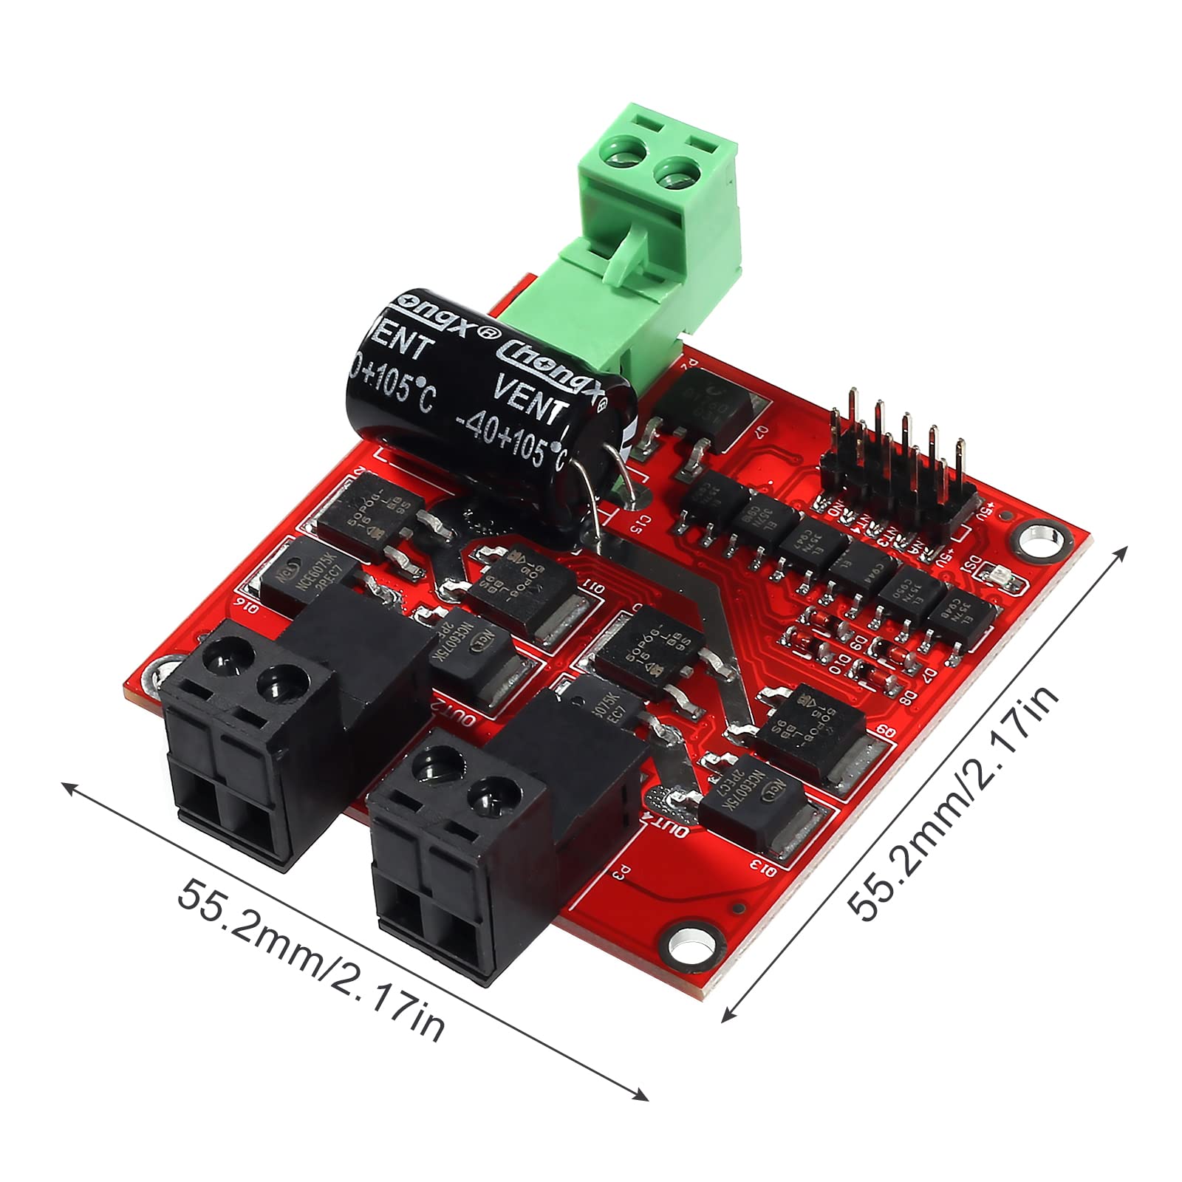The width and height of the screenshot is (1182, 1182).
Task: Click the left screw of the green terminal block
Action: [623, 157]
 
